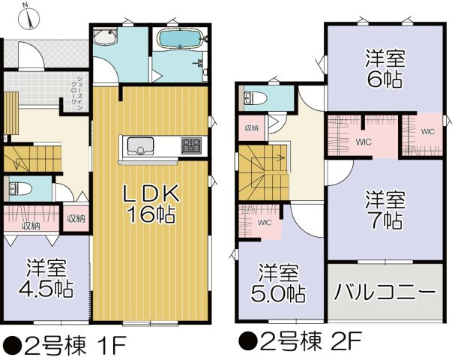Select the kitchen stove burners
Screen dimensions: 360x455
(190, 143)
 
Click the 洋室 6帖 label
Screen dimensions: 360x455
(385, 65)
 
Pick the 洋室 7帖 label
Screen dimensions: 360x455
(385, 210)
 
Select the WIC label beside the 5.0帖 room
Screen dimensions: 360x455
(264, 223)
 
